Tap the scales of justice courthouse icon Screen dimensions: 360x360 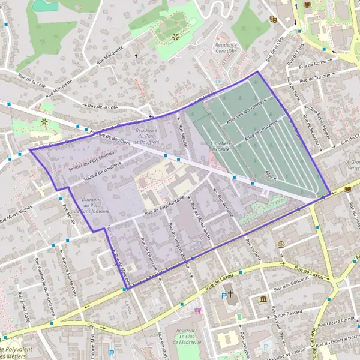[x=282, y=245]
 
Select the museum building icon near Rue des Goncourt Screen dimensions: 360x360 [x=263, y=299]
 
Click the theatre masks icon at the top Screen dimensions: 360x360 [x=273, y=19]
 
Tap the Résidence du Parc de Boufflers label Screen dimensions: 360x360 [x=147, y=137]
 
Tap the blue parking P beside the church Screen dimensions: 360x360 [x=224, y=295]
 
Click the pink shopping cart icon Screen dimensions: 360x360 [x=198, y=310]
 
